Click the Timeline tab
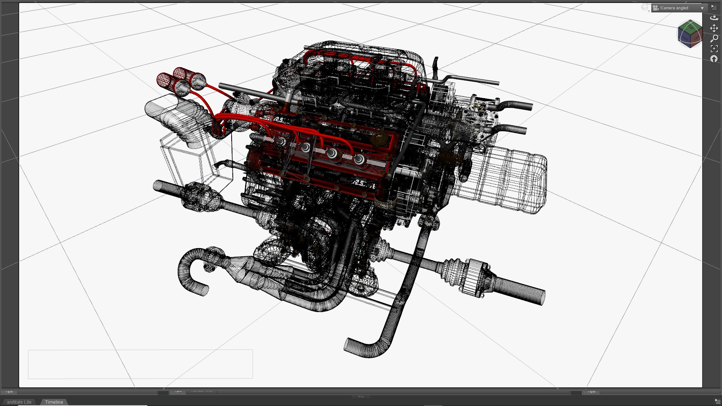pyautogui.click(x=54, y=402)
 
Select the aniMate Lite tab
pyautogui.click(x=19, y=402)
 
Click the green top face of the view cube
pyautogui.click(x=690, y=27)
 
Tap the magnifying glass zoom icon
pyautogui.click(x=714, y=38)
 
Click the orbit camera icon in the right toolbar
pyautogui.click(x=714, y=18)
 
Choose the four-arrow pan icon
pyautogui.click(x=714, y=28)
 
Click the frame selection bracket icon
pyautogui.click(x=714, y=48)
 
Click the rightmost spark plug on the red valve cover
pyautogui.click(x=359, y=159)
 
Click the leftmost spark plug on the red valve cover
pyautogui.click(x=281, y=141)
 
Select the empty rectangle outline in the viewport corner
pyautogui.click(x=140, y=364)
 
